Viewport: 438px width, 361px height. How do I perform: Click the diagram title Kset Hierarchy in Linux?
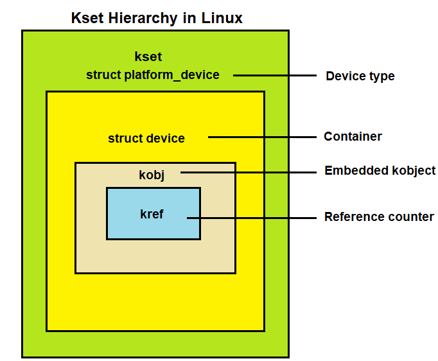157,18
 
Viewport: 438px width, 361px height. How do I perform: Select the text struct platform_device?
153,75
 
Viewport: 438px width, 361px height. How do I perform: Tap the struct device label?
146,138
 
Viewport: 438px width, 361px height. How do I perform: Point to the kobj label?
152,175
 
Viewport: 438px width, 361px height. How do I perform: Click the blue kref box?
153,214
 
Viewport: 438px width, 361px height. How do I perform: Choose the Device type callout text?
360,76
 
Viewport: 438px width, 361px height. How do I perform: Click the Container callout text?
353,137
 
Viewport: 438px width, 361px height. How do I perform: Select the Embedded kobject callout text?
380,171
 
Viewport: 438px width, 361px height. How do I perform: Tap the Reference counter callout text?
379,217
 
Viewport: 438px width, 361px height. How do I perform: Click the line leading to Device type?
275,76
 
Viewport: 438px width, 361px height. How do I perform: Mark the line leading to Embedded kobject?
249,172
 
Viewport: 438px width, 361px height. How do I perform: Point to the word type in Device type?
382,77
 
